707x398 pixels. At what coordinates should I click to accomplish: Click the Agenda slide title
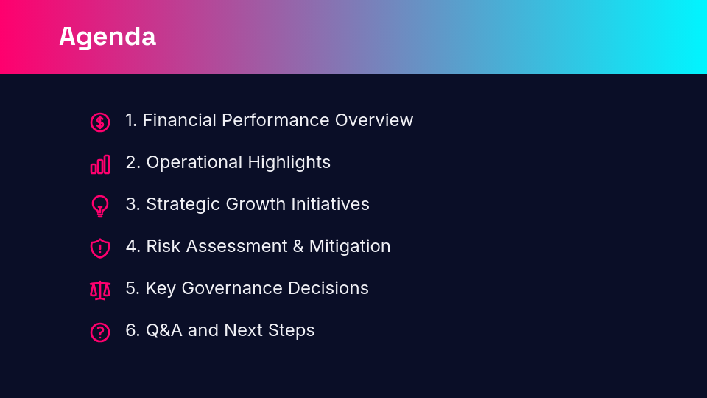click(108, 36)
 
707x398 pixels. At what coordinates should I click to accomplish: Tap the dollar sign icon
click(100, 122)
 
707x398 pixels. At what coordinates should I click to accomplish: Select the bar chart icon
click(100, 164)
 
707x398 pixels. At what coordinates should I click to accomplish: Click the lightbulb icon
click(100, 206)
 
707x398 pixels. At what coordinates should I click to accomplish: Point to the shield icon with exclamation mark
click(100, 248)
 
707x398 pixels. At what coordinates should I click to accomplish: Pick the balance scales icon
click(100, 290)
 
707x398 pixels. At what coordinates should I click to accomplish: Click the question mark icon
click(100, 332)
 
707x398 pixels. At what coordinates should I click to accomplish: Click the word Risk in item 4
click(163, 246)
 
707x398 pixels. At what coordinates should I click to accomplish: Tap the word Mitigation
click(350, 246)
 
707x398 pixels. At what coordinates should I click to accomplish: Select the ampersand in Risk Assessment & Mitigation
click(298, 246)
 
